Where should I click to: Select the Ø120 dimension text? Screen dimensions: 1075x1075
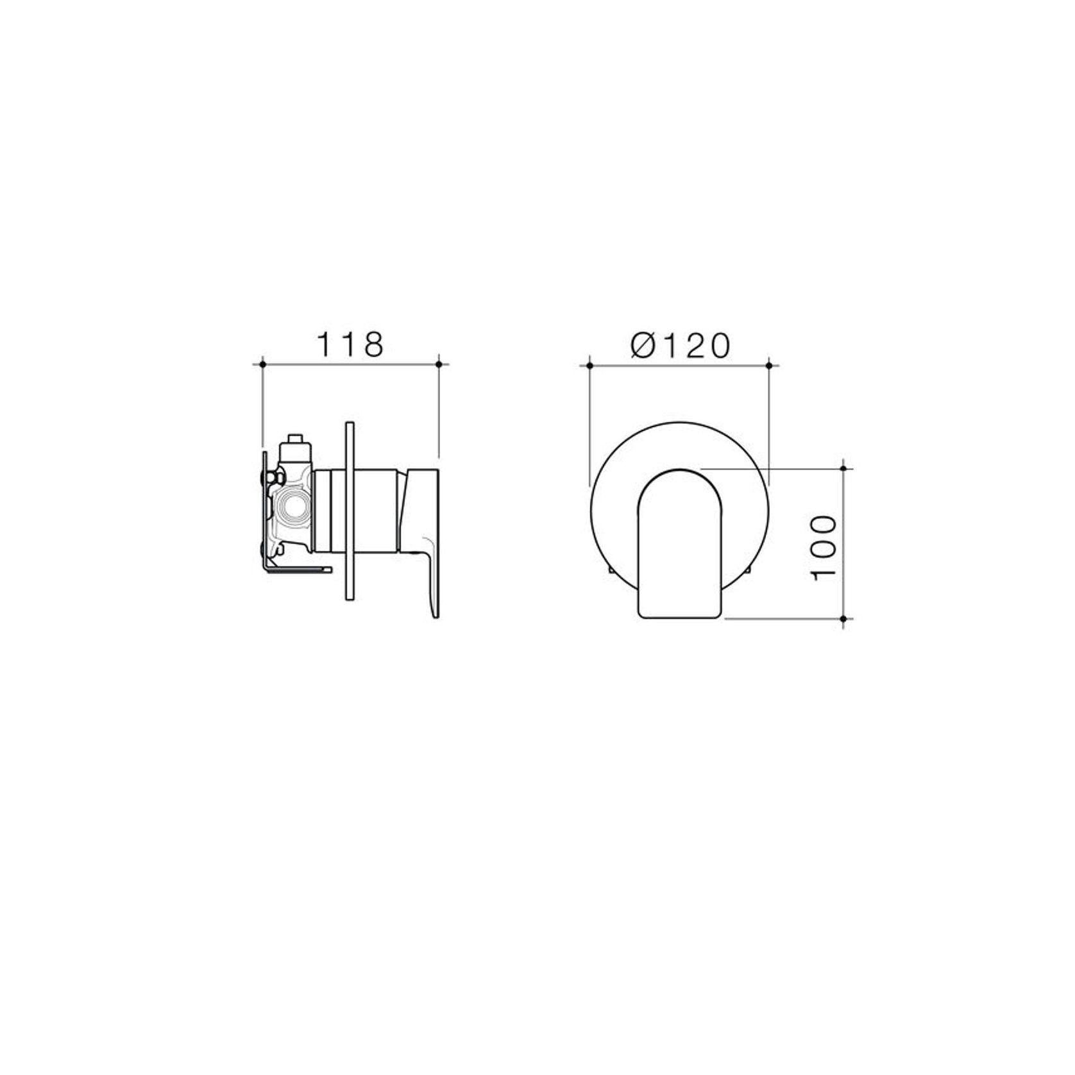click(x=681, y=346)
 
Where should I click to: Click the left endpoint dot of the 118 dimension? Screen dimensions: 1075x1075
click(x=262, y=364)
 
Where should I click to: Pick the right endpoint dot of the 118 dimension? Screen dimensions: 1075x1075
click(x=439, y=364)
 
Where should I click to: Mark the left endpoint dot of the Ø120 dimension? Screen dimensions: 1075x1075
click(x=589, y=365)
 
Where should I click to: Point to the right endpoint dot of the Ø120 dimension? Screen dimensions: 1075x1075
click(x=769, y=365)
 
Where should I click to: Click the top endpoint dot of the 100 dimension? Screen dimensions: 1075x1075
click(x=843, y=468)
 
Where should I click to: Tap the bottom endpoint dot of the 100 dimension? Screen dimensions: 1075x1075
click(x=843, y=619)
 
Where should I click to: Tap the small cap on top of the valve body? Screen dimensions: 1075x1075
click(x=296, y=439)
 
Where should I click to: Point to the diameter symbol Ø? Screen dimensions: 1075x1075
click(x=641, y=346)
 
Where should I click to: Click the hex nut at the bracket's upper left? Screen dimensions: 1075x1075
click(x=278, y=477)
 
